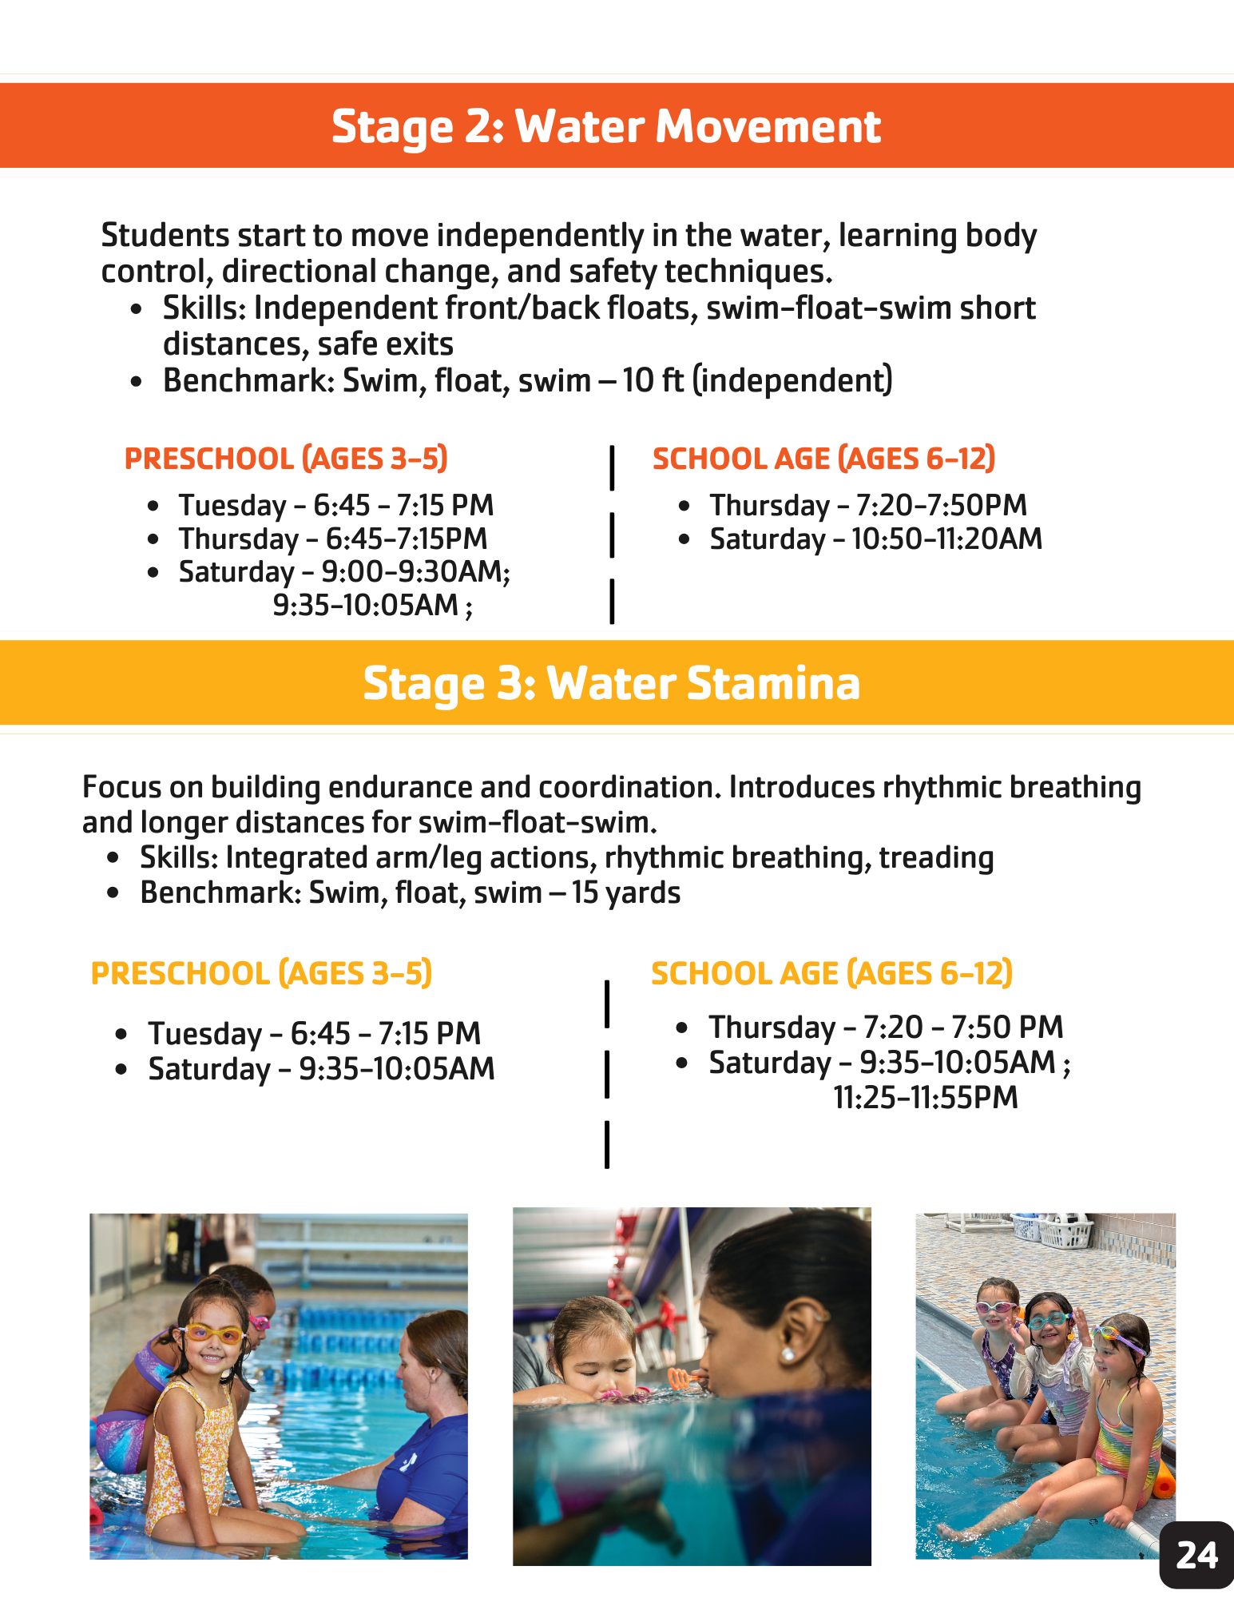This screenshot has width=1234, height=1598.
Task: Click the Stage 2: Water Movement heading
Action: tap(605, 126)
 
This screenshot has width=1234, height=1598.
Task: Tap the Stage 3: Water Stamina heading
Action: tap(611, 683)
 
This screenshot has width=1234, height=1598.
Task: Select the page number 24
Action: tap(1196, 1555)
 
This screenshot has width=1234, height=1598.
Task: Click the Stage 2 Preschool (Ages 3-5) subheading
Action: tap(286, 459)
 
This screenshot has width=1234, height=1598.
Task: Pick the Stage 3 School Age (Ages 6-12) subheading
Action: tap(831, 973)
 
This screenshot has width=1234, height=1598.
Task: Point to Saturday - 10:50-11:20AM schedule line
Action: tap(875, 539)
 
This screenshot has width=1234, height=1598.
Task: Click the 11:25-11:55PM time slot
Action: tap(926, 1098)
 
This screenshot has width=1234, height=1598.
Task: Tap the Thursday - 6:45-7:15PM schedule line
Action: tap(332, 539)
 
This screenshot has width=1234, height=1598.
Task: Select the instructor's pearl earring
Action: tap(787, 1355)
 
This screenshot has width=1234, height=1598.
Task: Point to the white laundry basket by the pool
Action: tap(1063, 1233)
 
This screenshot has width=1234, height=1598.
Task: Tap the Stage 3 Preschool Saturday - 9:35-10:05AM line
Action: tap(321, 1069)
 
